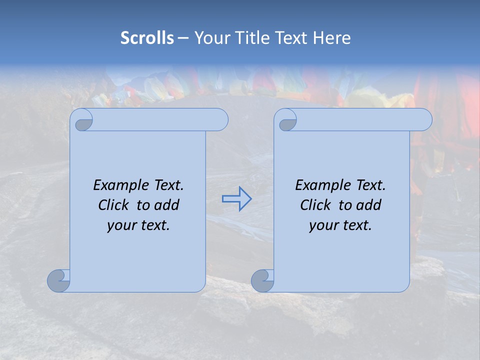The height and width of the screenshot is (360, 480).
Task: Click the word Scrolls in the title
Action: pos(147,38)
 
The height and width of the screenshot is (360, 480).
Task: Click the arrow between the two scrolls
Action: pos(236,199)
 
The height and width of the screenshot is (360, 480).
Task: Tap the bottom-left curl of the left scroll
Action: pos(59,281)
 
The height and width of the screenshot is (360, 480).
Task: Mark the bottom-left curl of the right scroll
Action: pos(262,281)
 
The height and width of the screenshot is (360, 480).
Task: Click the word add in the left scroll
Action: pos(165,205)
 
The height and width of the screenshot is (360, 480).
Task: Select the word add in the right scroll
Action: pos(367,205)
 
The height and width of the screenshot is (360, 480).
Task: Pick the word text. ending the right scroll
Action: pos(356,225)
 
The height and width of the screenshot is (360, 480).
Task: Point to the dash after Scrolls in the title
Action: pos(183,38)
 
